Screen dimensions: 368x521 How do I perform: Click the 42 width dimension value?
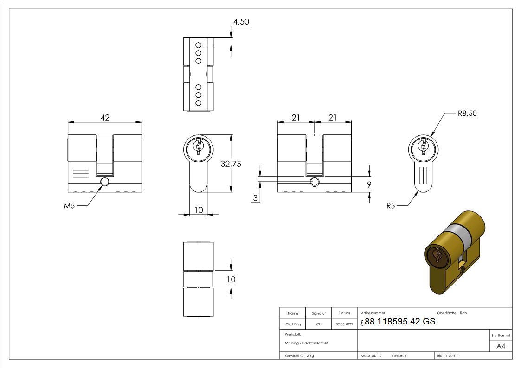(x=105, y=118)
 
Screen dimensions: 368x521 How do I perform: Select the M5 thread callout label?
(x=69, y=206)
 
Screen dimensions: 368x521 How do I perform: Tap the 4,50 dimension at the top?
(x=242, y=22)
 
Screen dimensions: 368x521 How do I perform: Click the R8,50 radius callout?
(x=467, y=113)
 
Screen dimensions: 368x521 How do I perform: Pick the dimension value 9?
(x=369, y=184)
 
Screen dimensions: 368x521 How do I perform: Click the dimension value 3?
(x=256, y=198)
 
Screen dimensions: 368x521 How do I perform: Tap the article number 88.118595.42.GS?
(x=400, y=321)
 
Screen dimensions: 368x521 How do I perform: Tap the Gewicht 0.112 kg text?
(x=300, y=355)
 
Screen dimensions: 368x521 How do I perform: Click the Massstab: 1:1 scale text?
(x=372, y=355)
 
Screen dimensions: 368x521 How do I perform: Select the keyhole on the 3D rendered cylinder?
(x=437, y=256)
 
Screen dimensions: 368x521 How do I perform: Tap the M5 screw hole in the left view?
(x=105, y=181)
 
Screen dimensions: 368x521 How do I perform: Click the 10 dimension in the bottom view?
(x=231, y=279)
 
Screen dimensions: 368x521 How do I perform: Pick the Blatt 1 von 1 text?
(x=447, y=355)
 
